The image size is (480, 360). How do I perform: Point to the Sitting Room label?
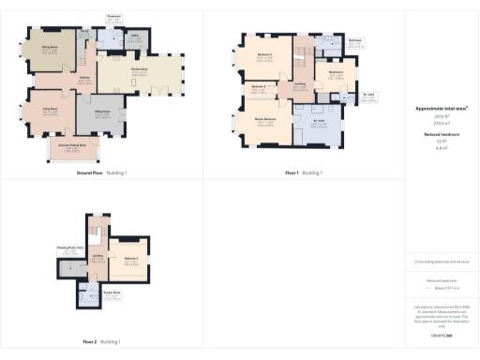pyautogui.click(x=102, y=111)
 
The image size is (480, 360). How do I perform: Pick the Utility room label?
pyautogui.click(x=136, y=37)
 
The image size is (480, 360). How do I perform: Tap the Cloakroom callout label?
pyautogui.click(x=113, y=16)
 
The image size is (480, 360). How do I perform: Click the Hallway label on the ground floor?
pyautogui.click(x=83, y=78)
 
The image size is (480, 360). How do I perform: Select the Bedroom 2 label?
pyautogui.click(x=264, y=54)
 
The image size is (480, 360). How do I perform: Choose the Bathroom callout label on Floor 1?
pyautogui.click(x=355, y=40)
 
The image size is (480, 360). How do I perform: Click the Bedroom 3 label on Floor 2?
pyautogui.click(x=129, y=258)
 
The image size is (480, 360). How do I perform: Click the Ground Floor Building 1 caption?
pyautogui.click(x=101, y=173)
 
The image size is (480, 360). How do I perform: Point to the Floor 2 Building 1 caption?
pyautogui.click(x=101, y=341)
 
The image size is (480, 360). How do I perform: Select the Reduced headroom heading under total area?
pyautogui.click(x=442, y=135)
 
